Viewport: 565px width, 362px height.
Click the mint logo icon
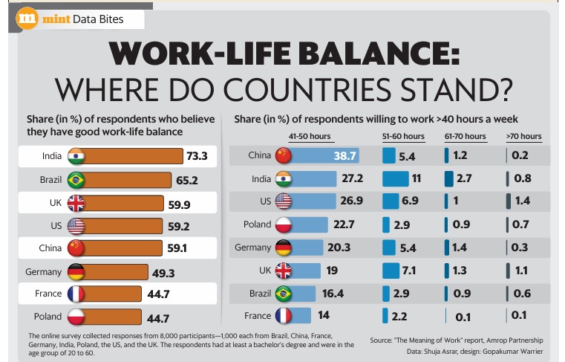27,19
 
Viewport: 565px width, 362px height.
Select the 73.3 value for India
197,156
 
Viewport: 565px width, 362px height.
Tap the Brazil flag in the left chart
76,180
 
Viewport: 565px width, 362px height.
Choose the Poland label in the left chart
46,318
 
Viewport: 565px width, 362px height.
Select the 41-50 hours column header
310,137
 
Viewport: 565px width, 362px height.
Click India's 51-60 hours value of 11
417,178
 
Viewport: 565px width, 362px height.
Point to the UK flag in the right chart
284,270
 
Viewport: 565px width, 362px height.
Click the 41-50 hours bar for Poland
312,224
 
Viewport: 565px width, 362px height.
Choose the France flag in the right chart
284,316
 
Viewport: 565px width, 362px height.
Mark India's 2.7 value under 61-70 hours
465,178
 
